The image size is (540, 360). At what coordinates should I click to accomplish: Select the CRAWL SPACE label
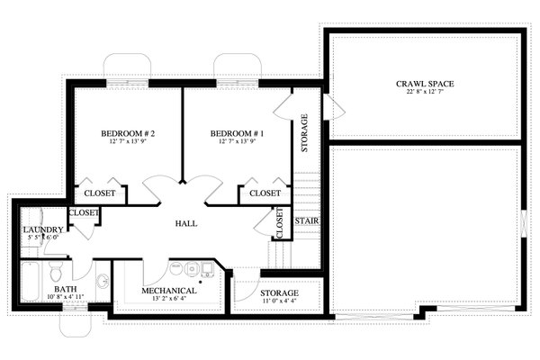(424, 84)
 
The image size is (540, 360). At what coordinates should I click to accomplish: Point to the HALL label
(185, 223)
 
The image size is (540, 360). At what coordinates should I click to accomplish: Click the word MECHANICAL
(169, 291)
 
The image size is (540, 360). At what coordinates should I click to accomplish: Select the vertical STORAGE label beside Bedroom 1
(305, 132)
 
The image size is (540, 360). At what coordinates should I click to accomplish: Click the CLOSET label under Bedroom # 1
(265, 193)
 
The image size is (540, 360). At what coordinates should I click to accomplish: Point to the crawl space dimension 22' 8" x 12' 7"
(424, 93)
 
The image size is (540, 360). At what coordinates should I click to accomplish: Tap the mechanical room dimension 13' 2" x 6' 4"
(169, 300)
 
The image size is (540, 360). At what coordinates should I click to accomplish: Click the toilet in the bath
(56, 270)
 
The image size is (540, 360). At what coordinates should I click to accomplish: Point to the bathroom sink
(102, 282)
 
